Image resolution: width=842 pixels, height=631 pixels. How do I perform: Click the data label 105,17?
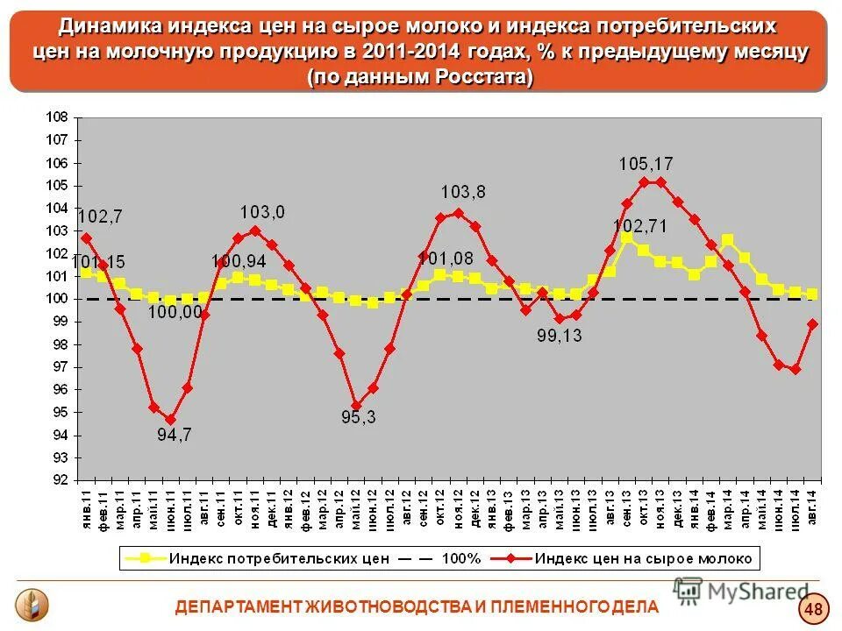(x=646, y=163)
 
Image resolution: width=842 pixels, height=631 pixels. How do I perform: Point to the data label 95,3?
(x=358, y=417)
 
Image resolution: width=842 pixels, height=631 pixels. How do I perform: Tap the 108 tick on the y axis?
(x=57, y=117)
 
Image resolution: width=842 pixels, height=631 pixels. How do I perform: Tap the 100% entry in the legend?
(x=460, y=558)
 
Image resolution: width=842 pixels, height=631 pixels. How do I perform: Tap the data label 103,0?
(x=263, y=212)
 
